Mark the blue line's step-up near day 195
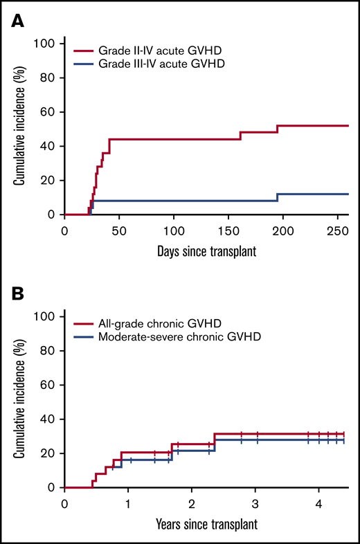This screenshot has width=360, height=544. coord(277,197)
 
